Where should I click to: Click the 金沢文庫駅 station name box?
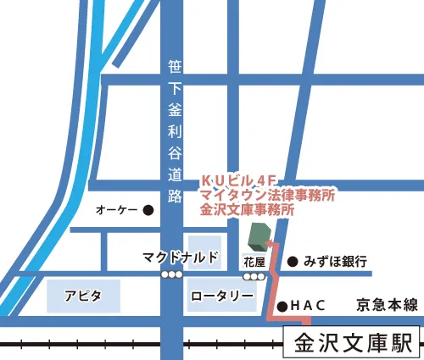pyautogui.click(x=352, y=343)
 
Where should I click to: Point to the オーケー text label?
pyautogui.click(x=117, y=209)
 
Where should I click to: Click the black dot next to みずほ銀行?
pyautogui.click(x=292, y=262)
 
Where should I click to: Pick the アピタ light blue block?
pyautogui.click(x=82, y=296)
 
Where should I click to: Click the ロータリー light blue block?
pyautogui.click(x=221, y=296)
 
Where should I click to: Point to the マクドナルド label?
pyautogui.click(x=181, y=257)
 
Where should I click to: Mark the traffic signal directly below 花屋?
pyautogui.click(x=254, y=275)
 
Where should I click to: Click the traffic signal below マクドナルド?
pyautogui.click(x=172, y=275)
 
